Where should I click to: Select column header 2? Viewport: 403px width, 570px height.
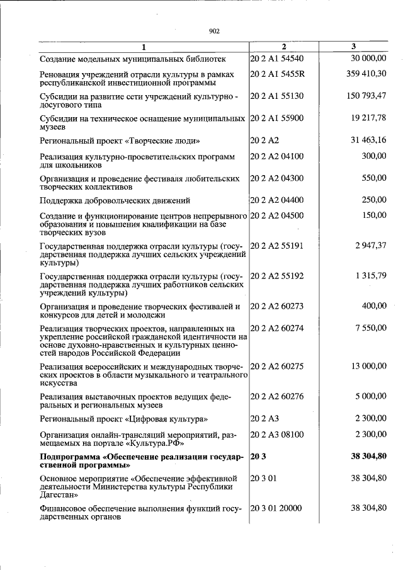click(283, 47)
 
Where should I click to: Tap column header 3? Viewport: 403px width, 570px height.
click(353, 47)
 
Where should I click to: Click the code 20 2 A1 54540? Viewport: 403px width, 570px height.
click(277, 59)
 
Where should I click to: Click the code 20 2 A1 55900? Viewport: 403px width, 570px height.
click(277, 118)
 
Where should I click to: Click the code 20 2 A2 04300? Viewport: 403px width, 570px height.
click(277, 178)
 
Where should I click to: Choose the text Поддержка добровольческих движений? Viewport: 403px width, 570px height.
click(115, 200)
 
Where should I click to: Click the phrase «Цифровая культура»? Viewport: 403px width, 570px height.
click(166, 418)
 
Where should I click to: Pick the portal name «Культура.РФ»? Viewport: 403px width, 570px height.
click(152, 443)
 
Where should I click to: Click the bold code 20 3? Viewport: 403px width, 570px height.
click(258, 455)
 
